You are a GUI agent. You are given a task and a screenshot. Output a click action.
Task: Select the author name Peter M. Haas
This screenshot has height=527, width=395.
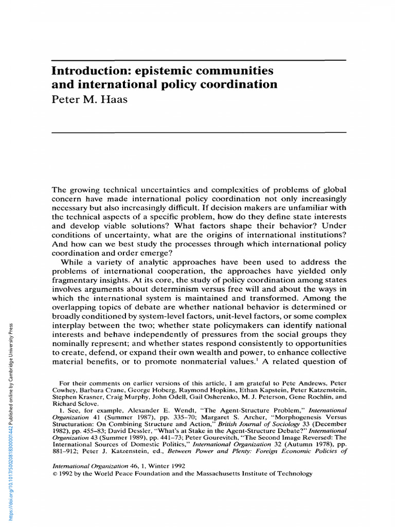point(89,99)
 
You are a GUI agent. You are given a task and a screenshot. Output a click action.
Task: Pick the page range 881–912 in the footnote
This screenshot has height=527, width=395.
point(69,450)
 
